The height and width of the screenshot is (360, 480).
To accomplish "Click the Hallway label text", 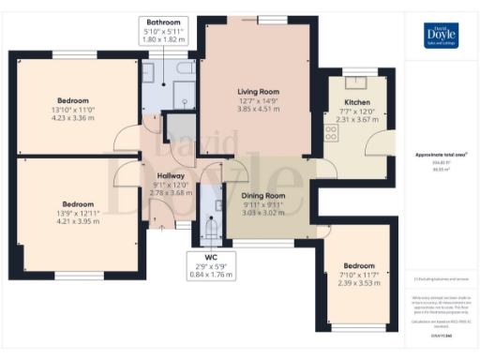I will [x=171, y=175].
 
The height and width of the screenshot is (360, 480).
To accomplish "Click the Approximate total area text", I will [x=441, y=154].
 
